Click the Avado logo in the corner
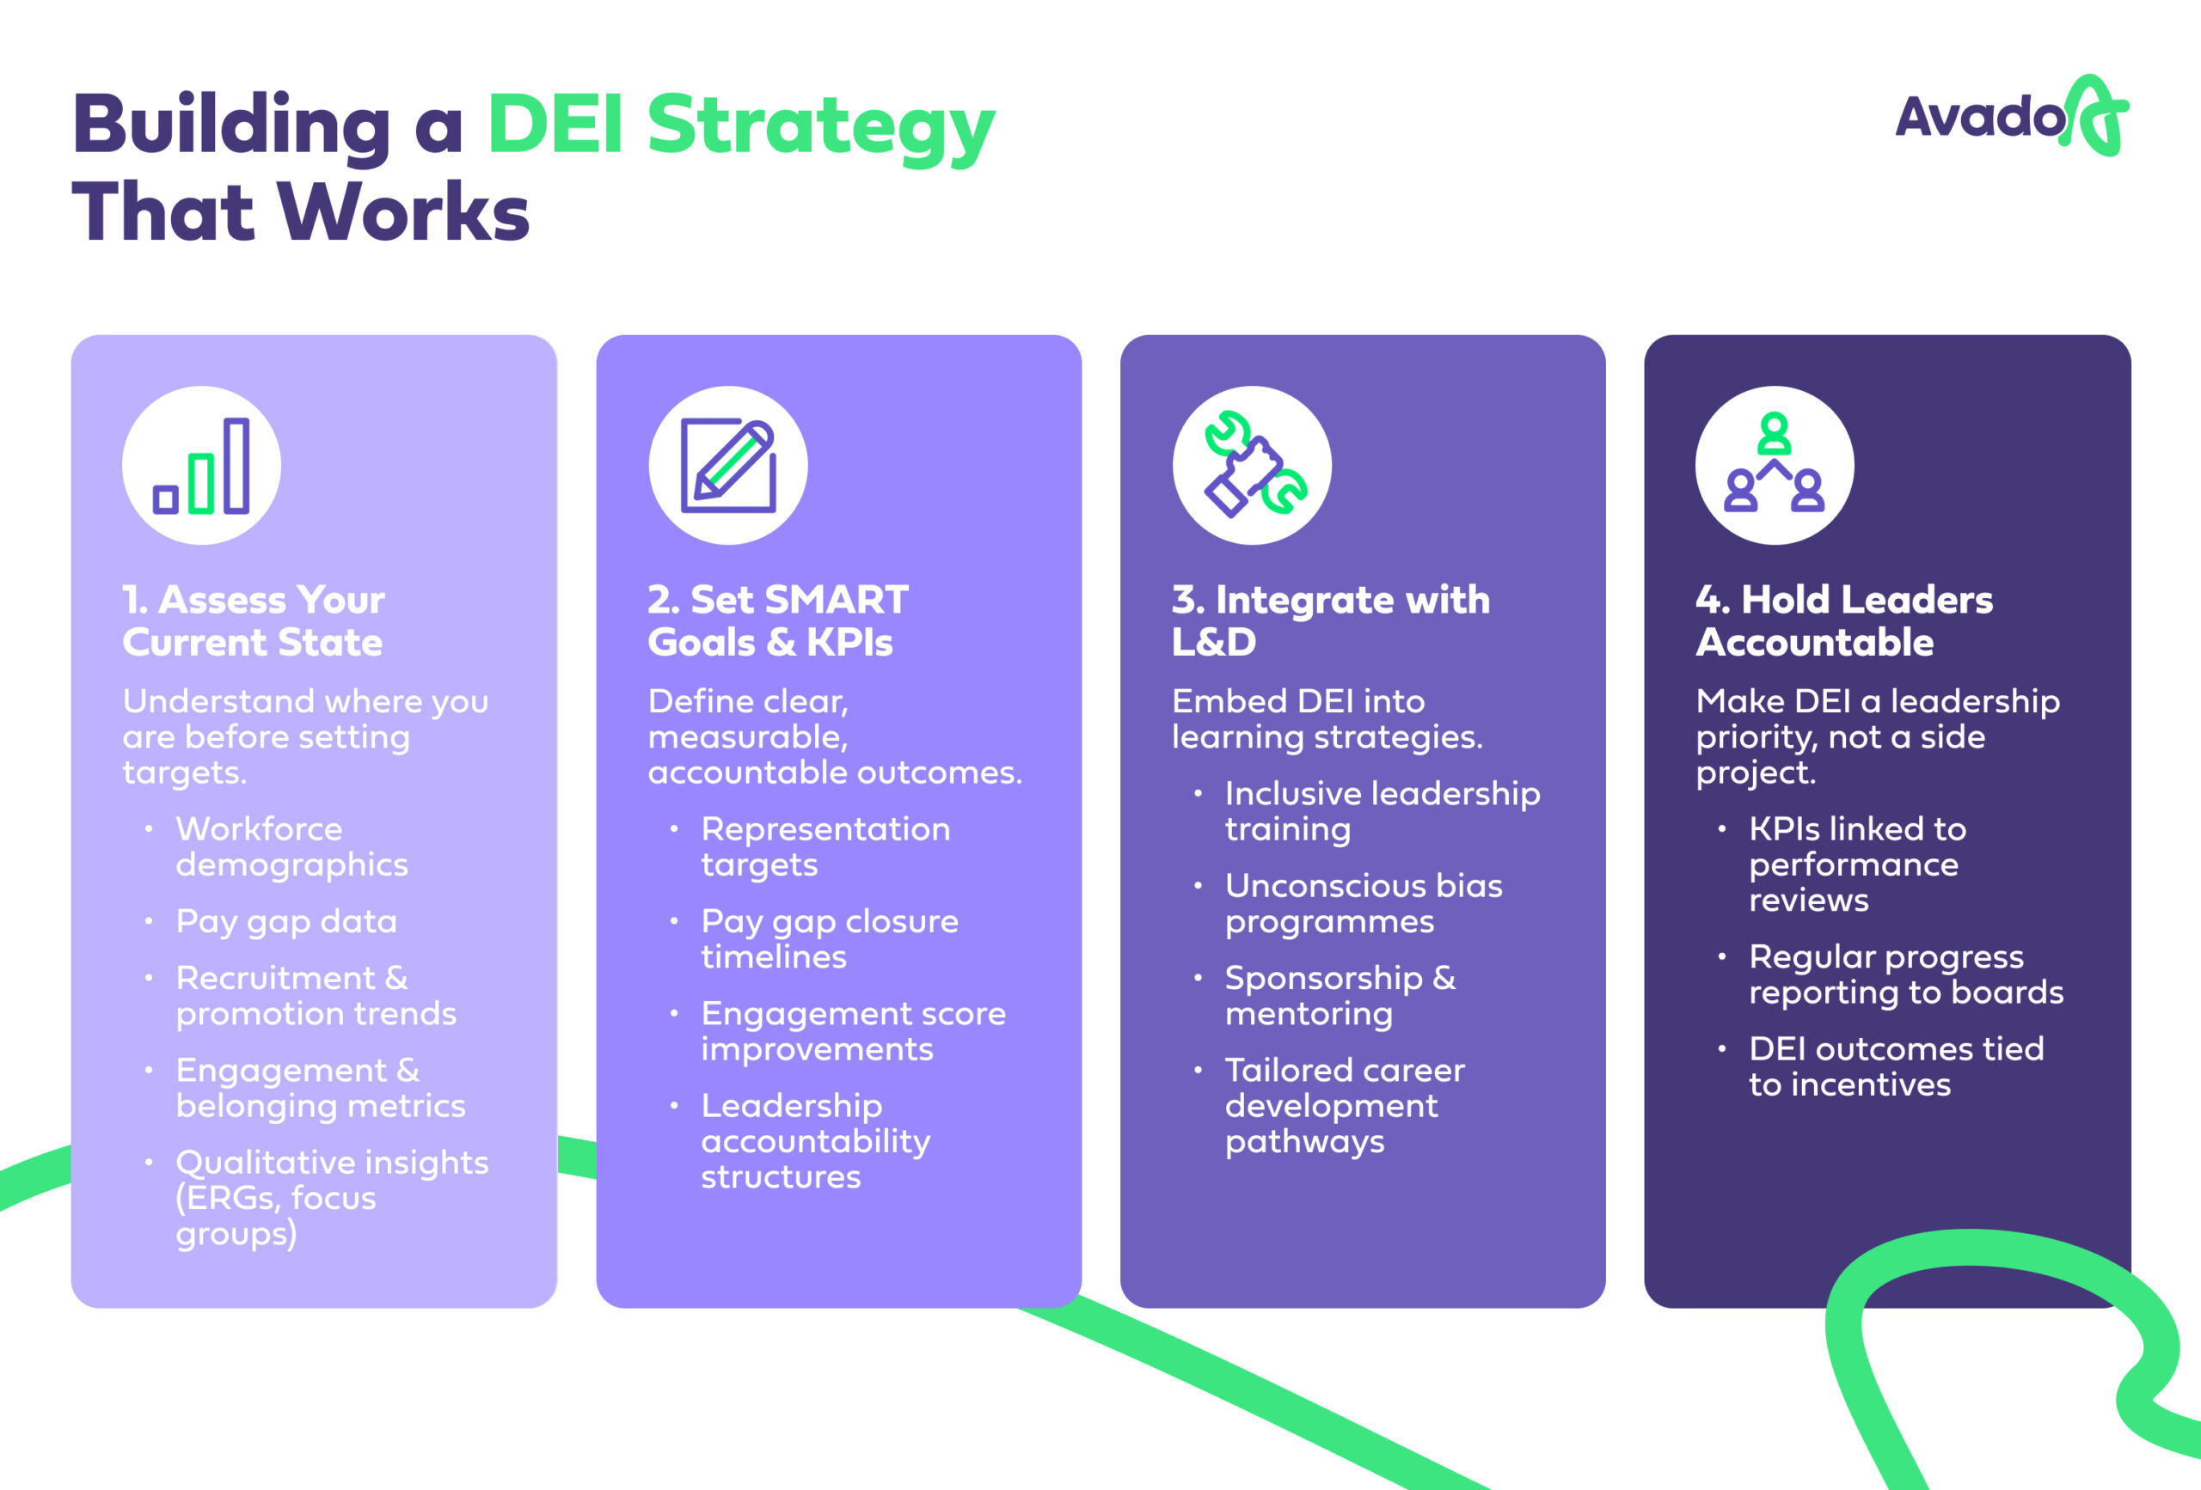(x=2011, y=117)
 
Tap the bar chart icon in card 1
(x=202, y=465)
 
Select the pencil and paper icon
(x=727, y=465)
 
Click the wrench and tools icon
(x=1252, y=465)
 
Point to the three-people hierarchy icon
(x=1774, y=465)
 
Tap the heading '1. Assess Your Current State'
(x=253, y=620)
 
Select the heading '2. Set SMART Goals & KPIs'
(x=776, y=620)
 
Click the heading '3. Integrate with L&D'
(x=1330, y=620)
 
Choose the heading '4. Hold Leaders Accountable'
(x=1843, y=620)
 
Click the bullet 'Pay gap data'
(x=286, y=921)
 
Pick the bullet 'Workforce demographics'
(x=291, y=846)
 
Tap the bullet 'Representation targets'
(x=825, y=846)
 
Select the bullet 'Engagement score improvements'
(x=852, y=1031)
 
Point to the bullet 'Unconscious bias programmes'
(x=1363, y=903)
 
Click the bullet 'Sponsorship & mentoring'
(x=1340, y=995)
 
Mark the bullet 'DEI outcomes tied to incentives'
(x=1895, y=1066)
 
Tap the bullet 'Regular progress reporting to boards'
(x=1904, y=974)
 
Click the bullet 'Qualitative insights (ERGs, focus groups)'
(x=332, y=1198)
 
